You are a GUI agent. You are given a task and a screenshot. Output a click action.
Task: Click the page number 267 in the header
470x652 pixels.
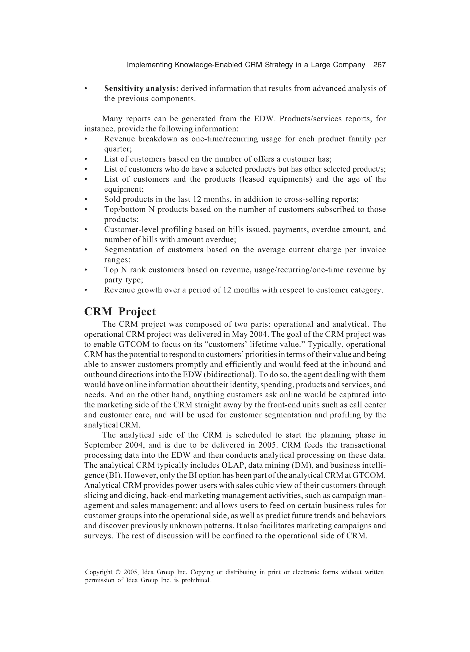pos(379,65)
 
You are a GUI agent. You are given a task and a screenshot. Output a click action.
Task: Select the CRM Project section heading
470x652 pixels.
pos(120,312)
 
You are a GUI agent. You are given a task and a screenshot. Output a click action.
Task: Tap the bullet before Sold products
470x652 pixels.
pos(86,199)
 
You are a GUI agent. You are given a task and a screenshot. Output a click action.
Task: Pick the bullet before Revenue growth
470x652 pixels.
pos(86,290)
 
